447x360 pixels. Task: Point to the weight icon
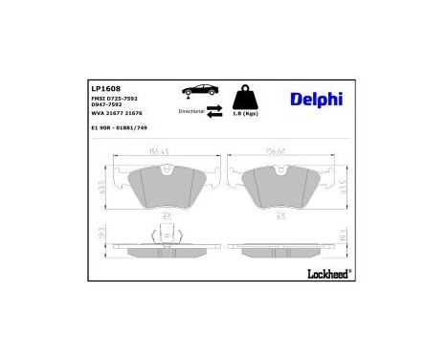(x=248, y=97)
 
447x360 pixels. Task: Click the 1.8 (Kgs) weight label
(x=248, y=115)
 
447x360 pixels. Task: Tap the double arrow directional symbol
(x=214, y=111)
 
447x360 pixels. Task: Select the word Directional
(x=190, y=111)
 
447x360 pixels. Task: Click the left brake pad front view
(x=165, y=186)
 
